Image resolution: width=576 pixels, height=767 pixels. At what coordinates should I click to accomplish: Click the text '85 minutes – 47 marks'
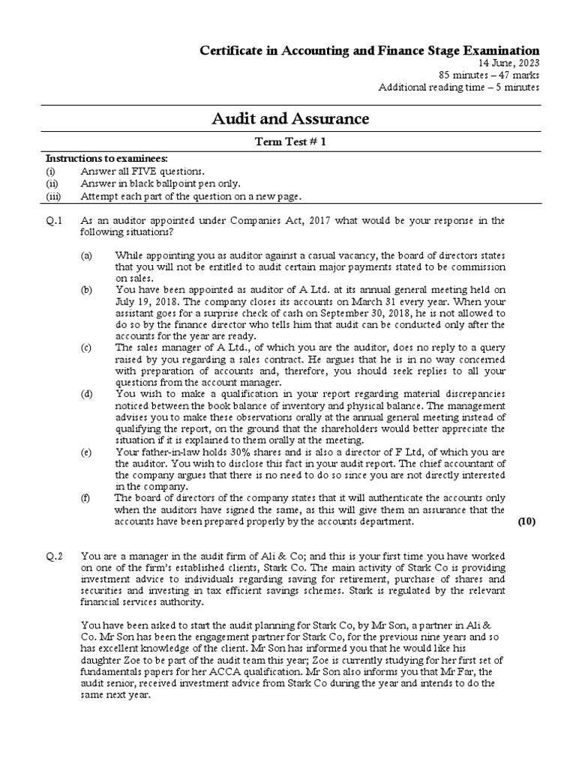[x=489, y=75]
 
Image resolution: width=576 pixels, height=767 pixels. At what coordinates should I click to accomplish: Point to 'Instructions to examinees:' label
[x=107, y=160]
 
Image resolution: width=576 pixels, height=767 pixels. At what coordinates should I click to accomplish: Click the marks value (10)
[x=526, y=522]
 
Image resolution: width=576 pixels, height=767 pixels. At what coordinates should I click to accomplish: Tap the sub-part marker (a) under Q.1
[x=87, y=256]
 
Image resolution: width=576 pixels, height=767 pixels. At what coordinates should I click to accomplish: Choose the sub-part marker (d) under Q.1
[x=87, y=394]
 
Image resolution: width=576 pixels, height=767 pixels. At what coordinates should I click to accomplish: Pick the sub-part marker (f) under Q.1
[x=86, y=498]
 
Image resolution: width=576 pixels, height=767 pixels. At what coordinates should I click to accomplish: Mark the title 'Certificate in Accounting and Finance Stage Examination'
[x=368, y=49]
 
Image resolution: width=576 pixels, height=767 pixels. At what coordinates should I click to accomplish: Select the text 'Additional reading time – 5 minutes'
[x=458, y=87]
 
